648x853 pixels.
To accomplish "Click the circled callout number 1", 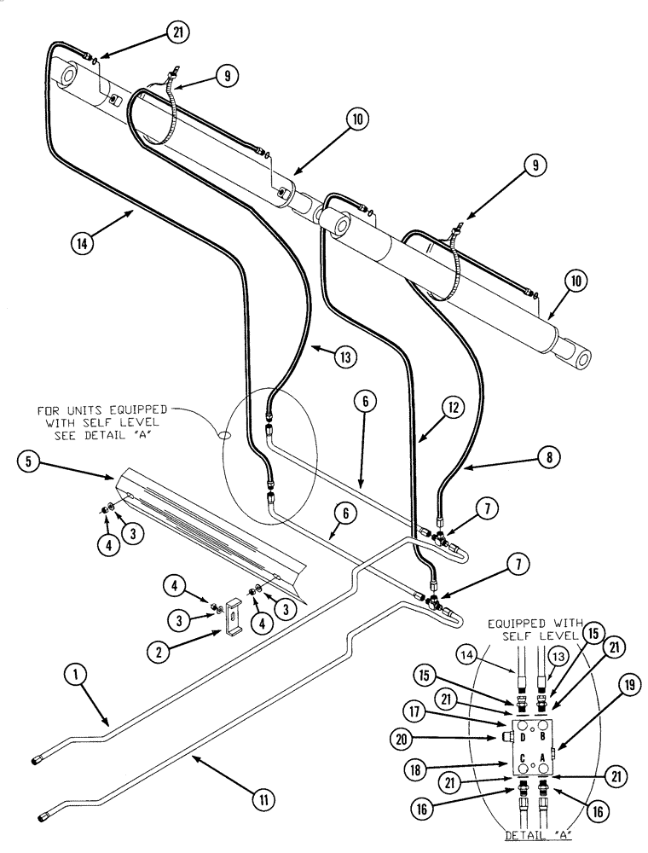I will (x=76, y=675).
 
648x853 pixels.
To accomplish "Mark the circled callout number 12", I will (x=454, y=408).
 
